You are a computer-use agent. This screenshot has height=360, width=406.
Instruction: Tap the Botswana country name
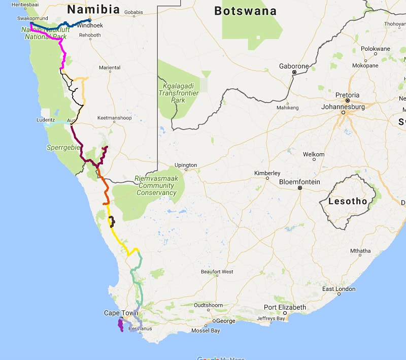click(245, 11)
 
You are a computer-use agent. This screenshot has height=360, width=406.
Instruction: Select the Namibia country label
click(93, 10)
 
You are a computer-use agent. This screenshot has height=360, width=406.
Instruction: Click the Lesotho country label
click(348, 202)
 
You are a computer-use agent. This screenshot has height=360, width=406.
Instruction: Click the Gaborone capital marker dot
click(294, 73)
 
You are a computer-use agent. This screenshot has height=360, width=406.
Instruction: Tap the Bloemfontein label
click(299, 182)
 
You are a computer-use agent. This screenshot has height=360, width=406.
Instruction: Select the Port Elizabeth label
click(285, 307)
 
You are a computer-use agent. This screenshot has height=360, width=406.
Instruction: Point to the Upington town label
click(185, 166)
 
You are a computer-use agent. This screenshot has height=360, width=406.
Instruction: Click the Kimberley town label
click(267, 173)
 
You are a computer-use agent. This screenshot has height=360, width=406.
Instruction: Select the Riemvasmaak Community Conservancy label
click(155, 185)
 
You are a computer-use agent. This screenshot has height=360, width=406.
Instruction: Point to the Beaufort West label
click(217, 272)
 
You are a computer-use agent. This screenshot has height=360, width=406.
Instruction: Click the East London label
click(339, 289)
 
